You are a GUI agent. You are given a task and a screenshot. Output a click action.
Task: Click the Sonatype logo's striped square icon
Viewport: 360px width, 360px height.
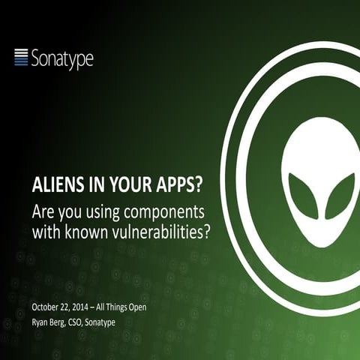[x=22, y=56]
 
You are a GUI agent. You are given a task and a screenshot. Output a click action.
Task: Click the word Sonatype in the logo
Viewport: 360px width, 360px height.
[x=62, y=58]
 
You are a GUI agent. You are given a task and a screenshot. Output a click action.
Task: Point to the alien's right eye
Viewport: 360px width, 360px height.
[x=340, y=194]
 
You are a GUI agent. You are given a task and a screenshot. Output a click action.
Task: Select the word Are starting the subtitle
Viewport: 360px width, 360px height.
[x=43, y=208]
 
